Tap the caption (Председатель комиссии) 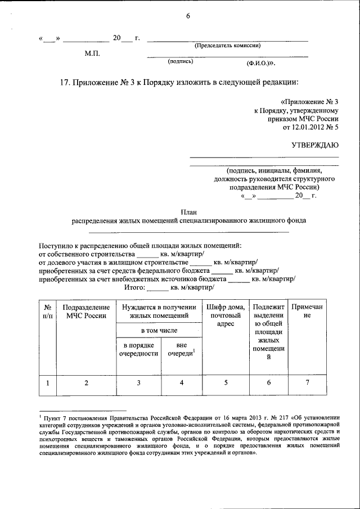click(227, 46)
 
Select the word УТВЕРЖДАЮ click(314, 145)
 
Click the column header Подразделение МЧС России click(85, 312)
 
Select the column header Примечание click(307, 312)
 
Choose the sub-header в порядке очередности click(138, 349)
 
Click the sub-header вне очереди click(181, 349)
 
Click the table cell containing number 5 click(225, 383)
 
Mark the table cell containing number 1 click(48, 383)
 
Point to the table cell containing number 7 click(307, 383)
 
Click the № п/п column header click(48, 312)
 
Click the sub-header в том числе click(159, 330)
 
